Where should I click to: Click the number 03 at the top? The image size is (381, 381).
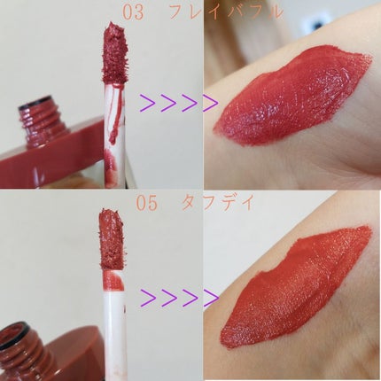coord(133,13)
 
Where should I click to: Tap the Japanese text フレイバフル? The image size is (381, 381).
coord(225,13)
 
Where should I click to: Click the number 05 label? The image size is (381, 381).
coord(147,204)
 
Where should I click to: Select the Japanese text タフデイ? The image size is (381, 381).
coord(218,203)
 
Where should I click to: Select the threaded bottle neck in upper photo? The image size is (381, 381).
coord(43,121)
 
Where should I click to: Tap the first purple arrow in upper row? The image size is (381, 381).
coord(148,103)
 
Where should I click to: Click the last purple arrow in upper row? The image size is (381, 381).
coord(210,103)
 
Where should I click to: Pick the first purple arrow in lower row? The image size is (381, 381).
coord(149,298)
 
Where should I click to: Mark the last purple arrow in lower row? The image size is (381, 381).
coord(211,298)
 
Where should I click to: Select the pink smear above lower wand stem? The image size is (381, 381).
coord(113,281)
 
